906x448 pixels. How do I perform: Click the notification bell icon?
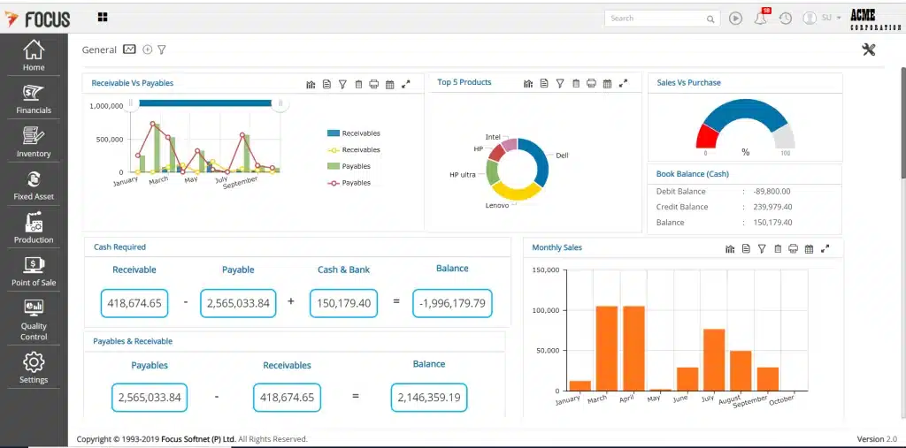(x=760, y=18)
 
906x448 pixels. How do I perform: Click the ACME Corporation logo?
(x=874, y=19)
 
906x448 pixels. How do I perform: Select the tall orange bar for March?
(x=607, y=347)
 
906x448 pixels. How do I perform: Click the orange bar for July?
(x=714, y=359)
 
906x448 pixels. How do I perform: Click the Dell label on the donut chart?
(x=562, y=155)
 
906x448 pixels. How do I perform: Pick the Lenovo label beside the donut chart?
(x=497, y=205)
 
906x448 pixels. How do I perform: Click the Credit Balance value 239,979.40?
(x=772, y=207)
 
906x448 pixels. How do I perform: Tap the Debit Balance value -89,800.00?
(x=772, y=191)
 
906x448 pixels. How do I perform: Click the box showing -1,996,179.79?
(x=452, y=303)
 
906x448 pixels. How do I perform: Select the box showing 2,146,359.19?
(x=429, y=398)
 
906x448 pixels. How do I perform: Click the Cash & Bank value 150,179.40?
(x=343, y=303)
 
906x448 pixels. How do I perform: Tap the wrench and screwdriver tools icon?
(x=868, y=49)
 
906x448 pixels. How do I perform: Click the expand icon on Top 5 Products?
(x=623, y=83)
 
